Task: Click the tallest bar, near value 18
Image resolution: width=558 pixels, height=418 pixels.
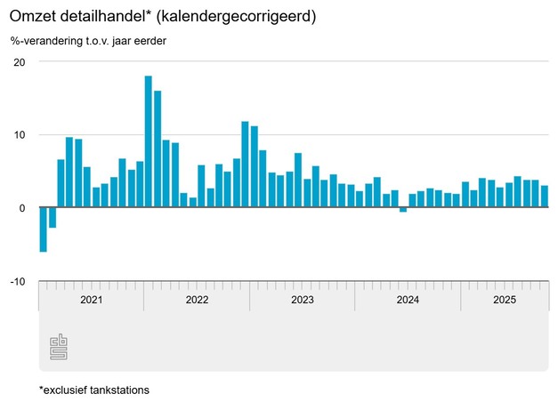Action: point(149,142)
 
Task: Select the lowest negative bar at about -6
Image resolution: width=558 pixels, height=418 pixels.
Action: point(43,229)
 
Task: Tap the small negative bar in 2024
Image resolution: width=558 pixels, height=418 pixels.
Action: point(403,210)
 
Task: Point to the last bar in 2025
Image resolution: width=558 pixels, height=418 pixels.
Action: point(545,197)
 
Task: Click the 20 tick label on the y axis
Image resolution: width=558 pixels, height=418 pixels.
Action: point(20,62)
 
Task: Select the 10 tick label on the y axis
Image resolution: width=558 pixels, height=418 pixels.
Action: point(20,135)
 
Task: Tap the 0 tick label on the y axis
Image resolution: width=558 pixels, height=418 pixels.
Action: point(22,208)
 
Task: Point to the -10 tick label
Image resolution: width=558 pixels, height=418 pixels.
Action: point(18,282)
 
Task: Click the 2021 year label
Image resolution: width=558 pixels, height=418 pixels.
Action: point(92,300)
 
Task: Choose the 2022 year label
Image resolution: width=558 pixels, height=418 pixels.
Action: point(197,300)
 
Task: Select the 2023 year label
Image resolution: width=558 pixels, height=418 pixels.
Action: point(303,300)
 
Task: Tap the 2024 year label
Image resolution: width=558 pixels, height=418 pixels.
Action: point(408,300)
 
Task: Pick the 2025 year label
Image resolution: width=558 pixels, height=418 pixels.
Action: point(505,300)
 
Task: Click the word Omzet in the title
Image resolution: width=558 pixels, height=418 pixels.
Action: point(33,17)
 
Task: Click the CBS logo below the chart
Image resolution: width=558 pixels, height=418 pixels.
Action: point(59,348)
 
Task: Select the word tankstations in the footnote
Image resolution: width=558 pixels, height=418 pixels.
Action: point(114,390)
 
